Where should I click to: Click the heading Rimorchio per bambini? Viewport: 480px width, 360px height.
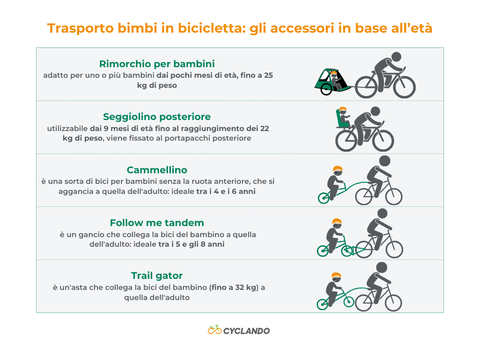[x=156, y=64]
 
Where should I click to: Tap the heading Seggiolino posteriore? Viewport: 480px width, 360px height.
[x=156, y=117]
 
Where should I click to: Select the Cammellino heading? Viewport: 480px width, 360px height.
[x=156, y=170]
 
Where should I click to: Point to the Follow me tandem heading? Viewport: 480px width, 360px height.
[x=156, y=223]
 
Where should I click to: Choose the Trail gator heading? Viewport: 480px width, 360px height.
[x=156, y=276]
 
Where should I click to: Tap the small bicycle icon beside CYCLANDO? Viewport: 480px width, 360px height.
[x=214, y=330]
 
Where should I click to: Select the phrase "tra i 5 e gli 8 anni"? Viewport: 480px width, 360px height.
[x=191, y=244]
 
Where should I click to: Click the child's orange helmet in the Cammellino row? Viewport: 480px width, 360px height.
[x=338, y=169]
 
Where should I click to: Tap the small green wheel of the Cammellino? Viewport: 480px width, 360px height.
[x=323, y=198]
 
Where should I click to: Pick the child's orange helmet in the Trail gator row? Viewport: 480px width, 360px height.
[x=337, y=276]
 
